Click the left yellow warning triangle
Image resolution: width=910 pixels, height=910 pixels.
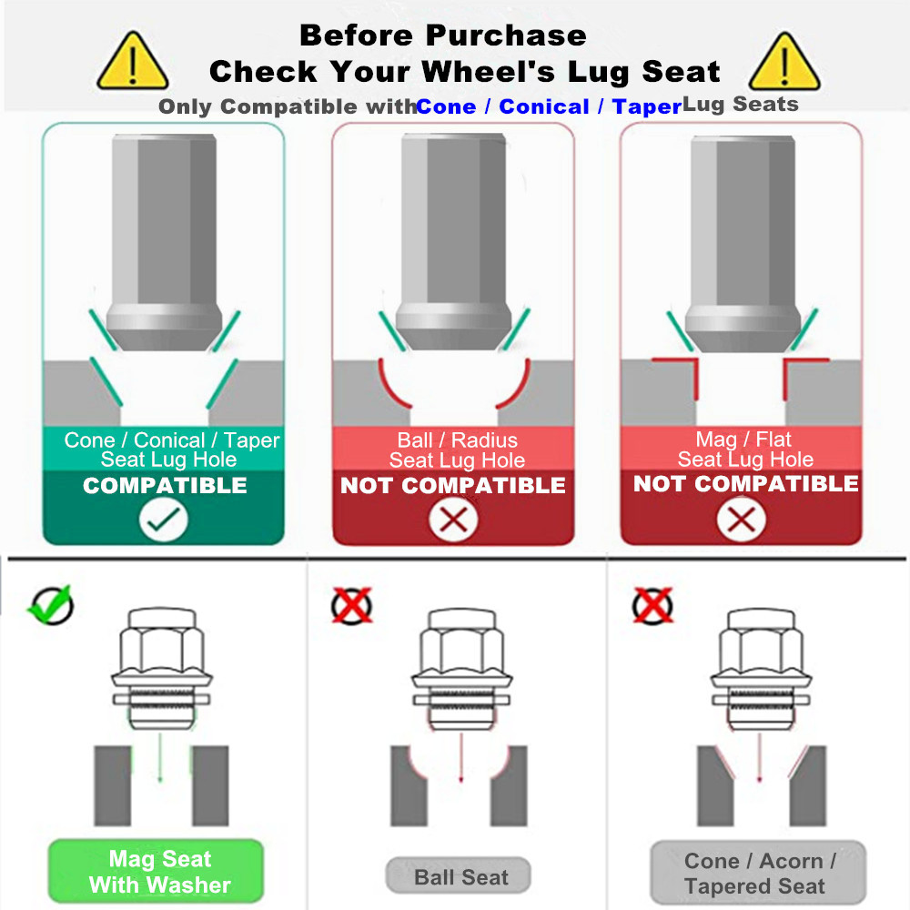[133, 63]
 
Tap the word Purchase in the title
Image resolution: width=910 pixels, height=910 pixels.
[506, 35]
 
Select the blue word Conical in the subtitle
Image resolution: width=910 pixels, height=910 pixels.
[544, 106]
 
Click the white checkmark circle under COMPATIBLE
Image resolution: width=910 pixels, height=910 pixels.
[163, 520]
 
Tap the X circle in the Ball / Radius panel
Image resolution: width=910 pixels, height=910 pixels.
[453, 520]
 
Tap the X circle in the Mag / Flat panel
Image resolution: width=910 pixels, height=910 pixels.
[741, 519]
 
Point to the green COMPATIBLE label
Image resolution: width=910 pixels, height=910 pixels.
[165, 485]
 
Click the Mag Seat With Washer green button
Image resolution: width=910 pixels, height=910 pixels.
[156, 871]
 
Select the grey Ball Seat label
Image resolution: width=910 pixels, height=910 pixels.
[459, 876]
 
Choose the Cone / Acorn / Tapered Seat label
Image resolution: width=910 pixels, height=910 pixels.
[758, 873]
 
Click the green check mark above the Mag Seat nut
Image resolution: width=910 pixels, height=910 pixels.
[51, 605]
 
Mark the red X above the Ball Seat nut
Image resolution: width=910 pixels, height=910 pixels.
[351, 606]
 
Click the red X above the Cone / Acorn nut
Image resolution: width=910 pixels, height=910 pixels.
[652, 606]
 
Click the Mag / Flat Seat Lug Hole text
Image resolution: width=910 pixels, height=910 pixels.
[745, 450]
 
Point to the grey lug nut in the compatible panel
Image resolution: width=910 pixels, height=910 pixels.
[164, 242]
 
